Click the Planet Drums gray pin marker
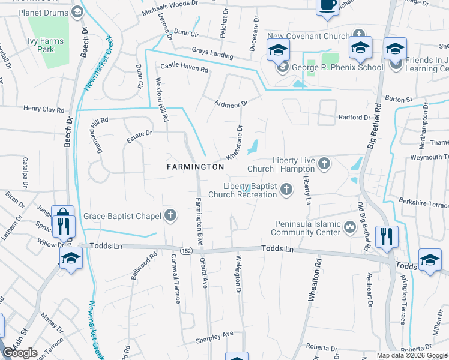(x=77, y=11)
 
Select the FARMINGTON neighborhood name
(x=195, y=166)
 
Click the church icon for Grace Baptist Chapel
(x=170, y=215)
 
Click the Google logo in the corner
(x=20, y=353)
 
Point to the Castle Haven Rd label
(x=184, y=70)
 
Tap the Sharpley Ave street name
(x=214, y=338)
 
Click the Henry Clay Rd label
(x=44, y=109)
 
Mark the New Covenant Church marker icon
(x=359, y=35)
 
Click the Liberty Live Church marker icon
(x=324, y=163)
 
